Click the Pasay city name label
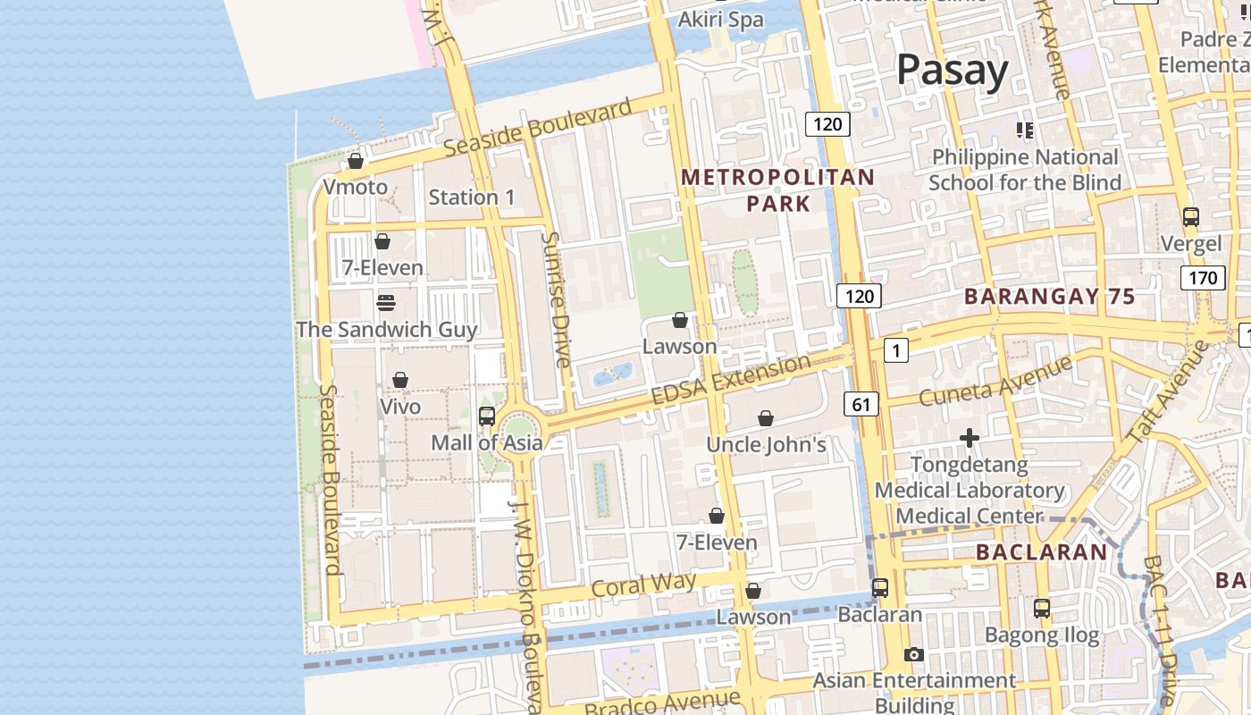pos(952,70)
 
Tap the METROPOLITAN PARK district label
pos(777,190)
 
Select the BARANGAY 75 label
pos(1050,297)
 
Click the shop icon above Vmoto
pos(356,161)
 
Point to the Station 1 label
pos(472,198)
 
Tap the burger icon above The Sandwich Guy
pos(386,303)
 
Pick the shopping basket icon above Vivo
pos(400,380)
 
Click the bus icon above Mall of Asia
pos(487,416)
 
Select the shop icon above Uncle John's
pos(766,418)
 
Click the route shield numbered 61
pos(861,405)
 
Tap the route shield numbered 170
pos(1202,278)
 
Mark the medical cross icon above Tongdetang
pos(970,438)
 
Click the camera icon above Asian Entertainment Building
pos(913,654)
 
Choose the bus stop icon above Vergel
pos(1191,217)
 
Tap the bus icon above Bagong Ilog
pos(1042,609)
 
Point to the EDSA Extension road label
pos(731,380)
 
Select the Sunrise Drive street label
pos(556,299)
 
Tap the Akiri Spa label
pos(721,20)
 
